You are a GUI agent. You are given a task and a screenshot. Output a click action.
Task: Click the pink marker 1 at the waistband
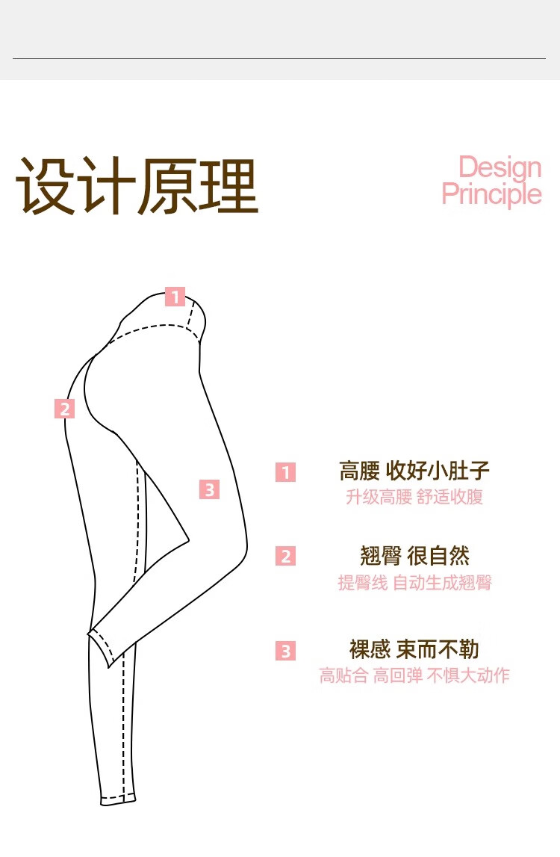[x=175, y=297]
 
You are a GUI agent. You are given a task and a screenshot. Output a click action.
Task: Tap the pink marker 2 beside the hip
[x=65, y=409]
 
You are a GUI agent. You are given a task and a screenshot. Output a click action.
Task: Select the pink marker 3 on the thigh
[x=210, y=489]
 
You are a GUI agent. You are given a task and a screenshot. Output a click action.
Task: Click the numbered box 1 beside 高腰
[x=285, y=472]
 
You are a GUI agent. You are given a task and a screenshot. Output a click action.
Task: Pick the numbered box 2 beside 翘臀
[x=285, y=556]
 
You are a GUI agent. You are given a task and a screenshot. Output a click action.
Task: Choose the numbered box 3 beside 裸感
[x=285, y=650]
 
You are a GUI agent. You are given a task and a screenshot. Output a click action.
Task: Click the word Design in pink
[x=500, y=167]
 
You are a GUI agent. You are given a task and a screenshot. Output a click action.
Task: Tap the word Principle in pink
[x=491, y=194]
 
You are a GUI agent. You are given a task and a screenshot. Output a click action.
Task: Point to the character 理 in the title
[x=228, y=187]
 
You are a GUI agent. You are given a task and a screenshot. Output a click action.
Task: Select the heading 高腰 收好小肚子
[x=414, y=471]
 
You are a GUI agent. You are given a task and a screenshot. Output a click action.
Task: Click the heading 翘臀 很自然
[x=414, y=556]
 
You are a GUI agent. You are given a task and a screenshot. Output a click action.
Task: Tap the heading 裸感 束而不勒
[x=414, y=649]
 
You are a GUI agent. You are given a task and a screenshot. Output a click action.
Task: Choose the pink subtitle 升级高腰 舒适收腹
[x=414, y=497]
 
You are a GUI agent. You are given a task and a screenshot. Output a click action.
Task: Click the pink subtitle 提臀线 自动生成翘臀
[x=414, y=583]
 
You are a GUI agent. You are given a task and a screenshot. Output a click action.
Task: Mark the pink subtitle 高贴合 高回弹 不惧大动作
[x=414, y=675]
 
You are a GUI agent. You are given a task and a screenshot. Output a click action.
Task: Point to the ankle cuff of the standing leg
[x=119, y=799]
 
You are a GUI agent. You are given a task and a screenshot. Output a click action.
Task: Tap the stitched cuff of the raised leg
[x=101, y=646]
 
